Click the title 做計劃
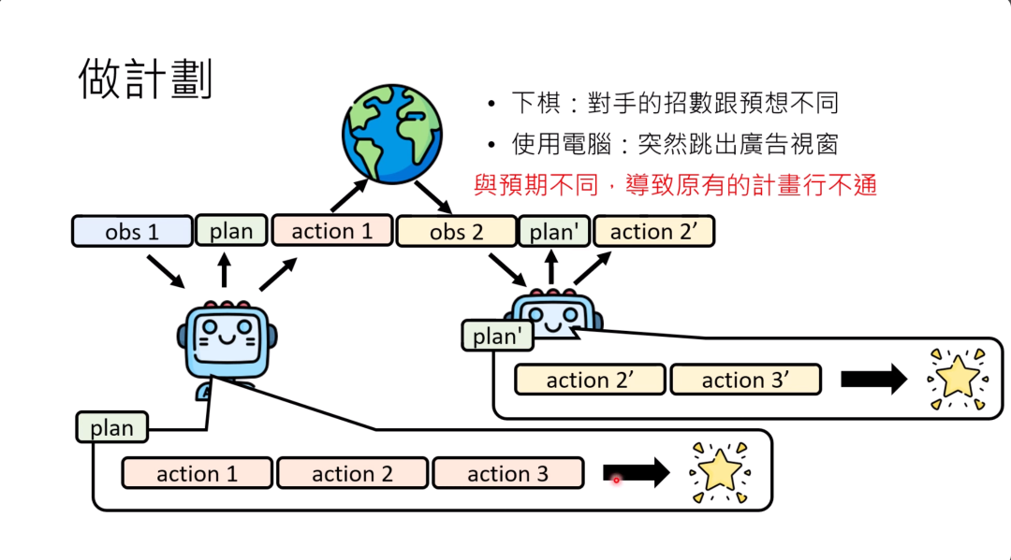(145, 79)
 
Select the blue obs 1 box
(132, 231)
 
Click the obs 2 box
(456, 231)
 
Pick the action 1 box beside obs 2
(332, 231)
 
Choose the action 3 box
(507, 474)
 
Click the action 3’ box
(745, 380)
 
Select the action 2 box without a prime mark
(352, 474)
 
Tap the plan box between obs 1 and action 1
(231, 231)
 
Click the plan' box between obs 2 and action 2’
(553, 231)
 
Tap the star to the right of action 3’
(956, 379)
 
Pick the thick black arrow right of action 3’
(873, 380)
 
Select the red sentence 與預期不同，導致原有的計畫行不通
(675, 185)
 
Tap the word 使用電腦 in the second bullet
(559, 143)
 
